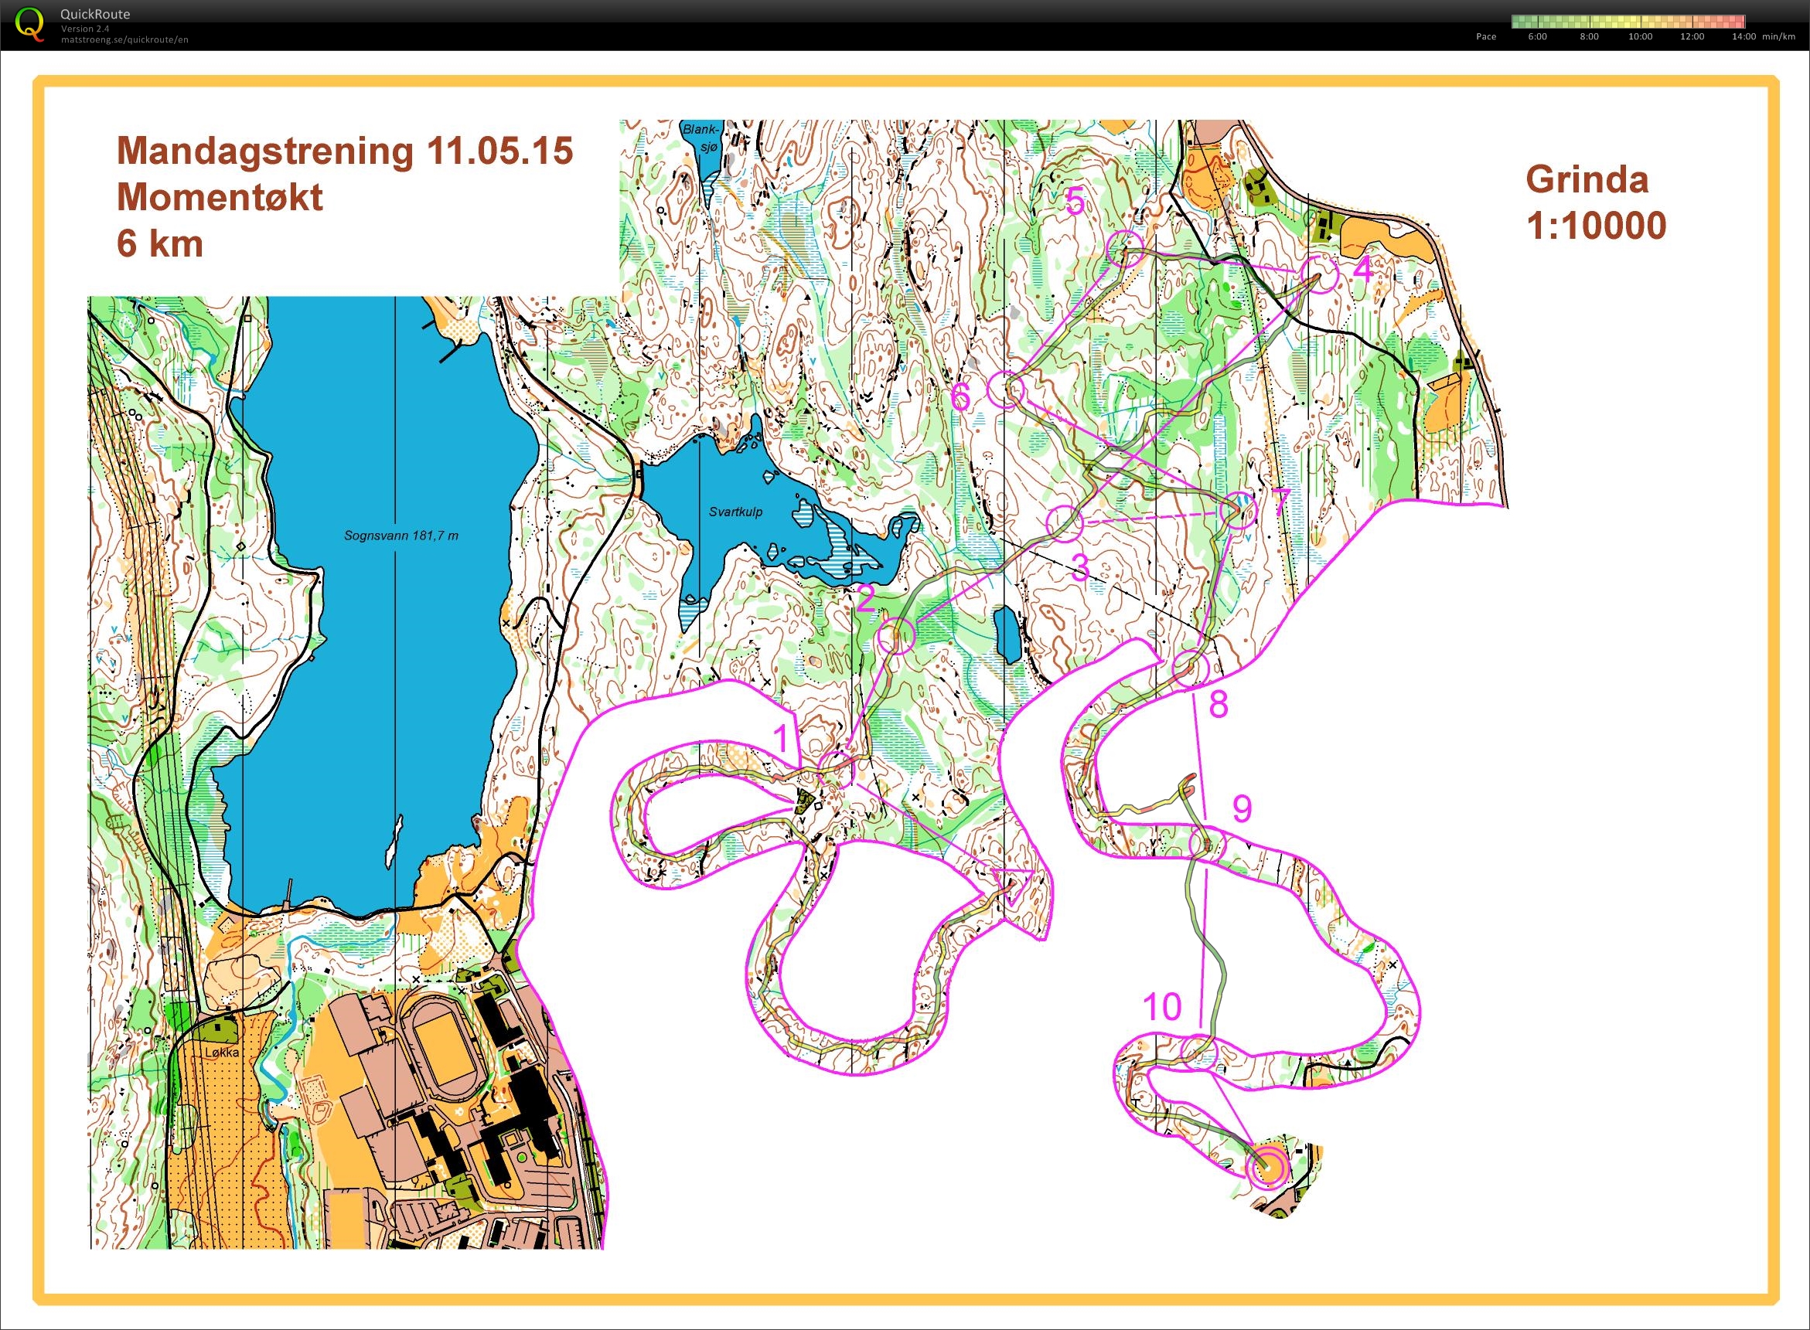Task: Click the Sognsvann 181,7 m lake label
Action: [401, 536]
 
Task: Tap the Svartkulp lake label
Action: [735, 512]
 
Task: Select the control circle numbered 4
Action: [1320, 274]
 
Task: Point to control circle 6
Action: [1005, 390]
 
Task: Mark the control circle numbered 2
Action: [896, 637]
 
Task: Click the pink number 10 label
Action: [1161, 1006]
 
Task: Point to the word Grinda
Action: [1586, 179]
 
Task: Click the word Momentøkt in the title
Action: [219, 197]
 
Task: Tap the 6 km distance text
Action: [159, 243]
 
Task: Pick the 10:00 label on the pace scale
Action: [1640, 37]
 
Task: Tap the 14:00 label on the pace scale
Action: [1744, 37]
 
